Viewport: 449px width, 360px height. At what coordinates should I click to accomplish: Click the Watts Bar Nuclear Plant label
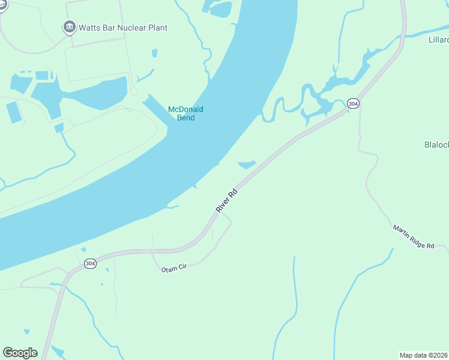123,28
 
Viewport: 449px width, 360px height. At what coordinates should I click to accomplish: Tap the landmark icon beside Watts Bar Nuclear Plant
69,27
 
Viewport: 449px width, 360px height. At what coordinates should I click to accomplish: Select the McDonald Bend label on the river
185,113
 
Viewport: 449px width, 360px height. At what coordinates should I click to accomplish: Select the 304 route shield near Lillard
353,104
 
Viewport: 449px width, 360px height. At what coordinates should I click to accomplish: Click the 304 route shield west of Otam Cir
90,263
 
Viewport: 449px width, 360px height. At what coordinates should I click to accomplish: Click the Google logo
20,353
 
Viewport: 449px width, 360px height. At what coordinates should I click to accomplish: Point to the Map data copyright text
423,355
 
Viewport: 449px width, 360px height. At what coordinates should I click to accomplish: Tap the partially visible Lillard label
438,40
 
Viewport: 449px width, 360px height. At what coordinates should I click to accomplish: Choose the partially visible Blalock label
436,145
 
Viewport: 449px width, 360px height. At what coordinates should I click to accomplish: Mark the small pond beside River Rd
247,164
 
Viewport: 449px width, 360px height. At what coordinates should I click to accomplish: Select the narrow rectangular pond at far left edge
13,112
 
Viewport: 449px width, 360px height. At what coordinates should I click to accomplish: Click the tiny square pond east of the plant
154,53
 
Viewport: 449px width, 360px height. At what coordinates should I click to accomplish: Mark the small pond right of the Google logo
58,351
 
